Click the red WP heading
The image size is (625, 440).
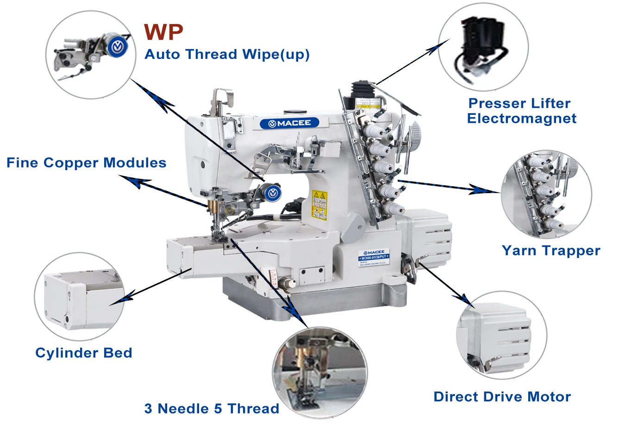[163, 32]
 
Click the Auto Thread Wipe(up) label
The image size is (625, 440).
[227, 54]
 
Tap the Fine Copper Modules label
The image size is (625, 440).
[86, 163]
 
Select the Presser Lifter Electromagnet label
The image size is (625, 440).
[521, 111]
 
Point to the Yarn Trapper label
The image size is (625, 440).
[551, 251]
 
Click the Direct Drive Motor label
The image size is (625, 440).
[502, 396]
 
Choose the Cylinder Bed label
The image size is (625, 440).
[84, 352]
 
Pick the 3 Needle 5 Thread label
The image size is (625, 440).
[212, 409]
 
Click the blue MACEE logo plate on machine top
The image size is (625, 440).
[289, 123]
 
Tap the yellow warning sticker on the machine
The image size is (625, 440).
[319, 204]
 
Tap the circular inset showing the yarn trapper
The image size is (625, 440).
[546, 195]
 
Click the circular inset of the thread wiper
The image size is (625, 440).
[91, 55]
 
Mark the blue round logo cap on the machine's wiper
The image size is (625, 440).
[273, 192]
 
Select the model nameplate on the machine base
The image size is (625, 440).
[373, 257]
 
